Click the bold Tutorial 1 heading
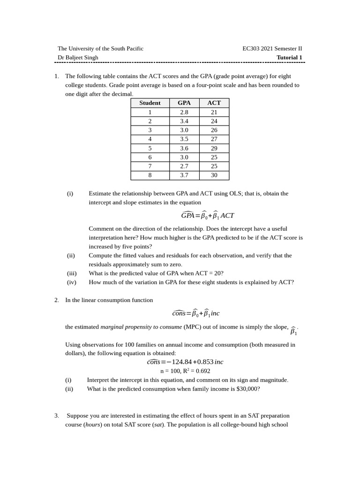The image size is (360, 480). [289, 58]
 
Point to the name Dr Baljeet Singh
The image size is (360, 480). [78, 58]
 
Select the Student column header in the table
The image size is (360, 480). [150, 103]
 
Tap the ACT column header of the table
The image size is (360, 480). [214, 103]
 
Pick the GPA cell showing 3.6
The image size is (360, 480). [184, 148]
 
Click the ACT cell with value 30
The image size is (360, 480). [214, 175]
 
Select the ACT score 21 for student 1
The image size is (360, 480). [214, 112]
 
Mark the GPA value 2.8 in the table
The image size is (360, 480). [184, 112]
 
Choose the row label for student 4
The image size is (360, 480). [150, 139]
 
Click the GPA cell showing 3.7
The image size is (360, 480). [184, 175]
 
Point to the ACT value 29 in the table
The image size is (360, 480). [214, 148]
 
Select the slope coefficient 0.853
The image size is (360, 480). [205, 362]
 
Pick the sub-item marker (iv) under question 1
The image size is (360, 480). [71, 282]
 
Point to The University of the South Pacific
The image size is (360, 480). [100, 48]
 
